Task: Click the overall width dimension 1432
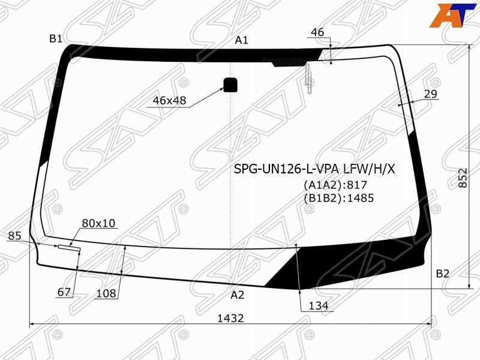pos(230,319)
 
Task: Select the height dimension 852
pos(463,178)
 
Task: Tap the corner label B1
pos(56,38)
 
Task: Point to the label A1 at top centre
pos(242,40)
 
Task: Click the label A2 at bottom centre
pos(238,295)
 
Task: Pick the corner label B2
pos(443,274)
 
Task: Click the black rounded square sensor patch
pos(230,85)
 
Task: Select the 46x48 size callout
pos(169,100)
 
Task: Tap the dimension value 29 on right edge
pos(431,94)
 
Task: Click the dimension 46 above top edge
pos(317,32)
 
